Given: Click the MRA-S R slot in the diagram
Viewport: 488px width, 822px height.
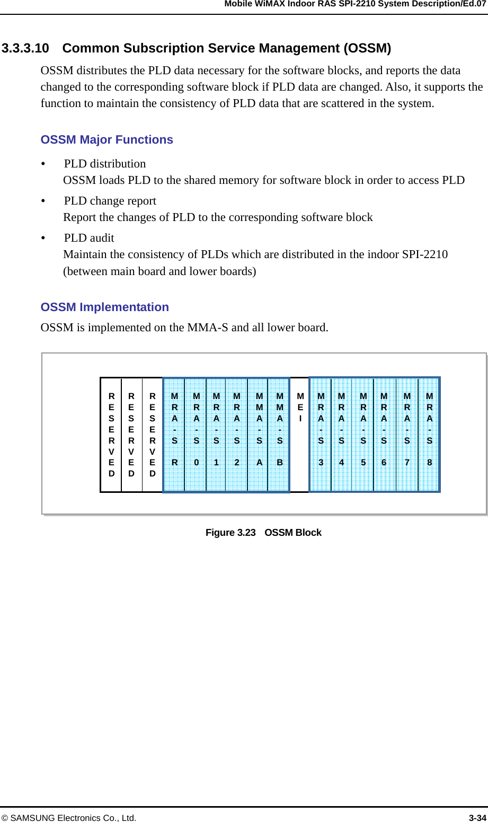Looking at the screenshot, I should (174, 435).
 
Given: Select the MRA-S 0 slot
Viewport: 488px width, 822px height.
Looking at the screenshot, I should (196, 435).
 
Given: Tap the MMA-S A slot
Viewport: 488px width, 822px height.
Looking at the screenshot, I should (259, 435).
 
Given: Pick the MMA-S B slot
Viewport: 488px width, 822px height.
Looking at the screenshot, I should (280, 435).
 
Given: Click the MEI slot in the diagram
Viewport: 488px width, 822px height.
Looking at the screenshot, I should (300, 435).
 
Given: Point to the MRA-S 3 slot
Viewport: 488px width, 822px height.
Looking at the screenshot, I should (321, 435).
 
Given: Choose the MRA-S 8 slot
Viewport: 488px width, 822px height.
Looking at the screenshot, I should (429, 435).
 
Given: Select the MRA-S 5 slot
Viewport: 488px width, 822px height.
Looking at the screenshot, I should (363, 435).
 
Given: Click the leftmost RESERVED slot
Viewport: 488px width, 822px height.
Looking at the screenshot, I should (111, 435).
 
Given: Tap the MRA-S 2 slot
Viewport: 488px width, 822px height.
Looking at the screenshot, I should (237, 435).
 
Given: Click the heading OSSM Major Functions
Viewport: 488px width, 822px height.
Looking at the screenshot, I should (107, 140).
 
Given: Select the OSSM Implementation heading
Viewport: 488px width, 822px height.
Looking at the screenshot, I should (105, 307).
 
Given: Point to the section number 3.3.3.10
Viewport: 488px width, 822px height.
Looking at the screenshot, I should (25, 48).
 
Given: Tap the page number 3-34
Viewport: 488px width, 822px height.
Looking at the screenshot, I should (477, 818).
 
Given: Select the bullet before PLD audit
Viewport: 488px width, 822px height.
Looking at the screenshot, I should (43, 238).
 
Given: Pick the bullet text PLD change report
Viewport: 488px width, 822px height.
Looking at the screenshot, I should (110, 201).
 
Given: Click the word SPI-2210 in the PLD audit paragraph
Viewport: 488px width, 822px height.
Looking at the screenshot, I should (425, 254).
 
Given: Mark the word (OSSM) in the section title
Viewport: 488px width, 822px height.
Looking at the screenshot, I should (367, 48).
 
